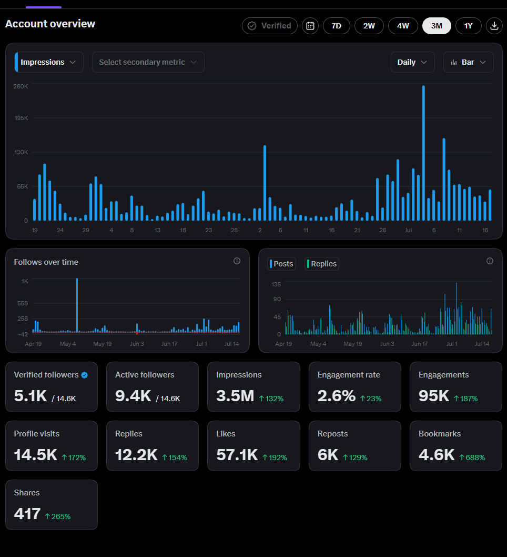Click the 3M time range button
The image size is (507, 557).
coord(437,26)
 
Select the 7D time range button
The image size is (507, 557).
coord(337,26)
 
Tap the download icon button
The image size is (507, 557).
coord(494,26)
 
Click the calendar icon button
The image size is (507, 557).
coord(310,26)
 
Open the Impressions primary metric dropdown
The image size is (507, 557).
coord(49,62)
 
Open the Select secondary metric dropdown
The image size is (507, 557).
coord(148,62)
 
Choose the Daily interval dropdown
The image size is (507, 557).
coord(413,62)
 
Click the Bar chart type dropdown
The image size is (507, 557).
coord(468,62)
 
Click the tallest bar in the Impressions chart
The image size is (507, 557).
coord(423,153)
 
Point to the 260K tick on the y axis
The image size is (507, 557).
coord(21,86)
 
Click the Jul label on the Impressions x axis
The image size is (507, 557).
coord(408,230)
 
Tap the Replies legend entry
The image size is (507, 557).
coord(322,264)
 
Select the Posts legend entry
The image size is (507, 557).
coord(282,264)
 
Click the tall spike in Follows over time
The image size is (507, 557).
coord(77,305)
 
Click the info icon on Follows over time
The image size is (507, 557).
coord(237,261)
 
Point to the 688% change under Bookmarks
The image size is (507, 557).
coord(472,457)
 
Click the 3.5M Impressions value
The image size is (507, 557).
coord(235,396)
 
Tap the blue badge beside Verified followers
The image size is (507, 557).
coord(85,375)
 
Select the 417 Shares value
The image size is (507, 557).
coord(27,514)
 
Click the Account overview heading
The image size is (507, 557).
coord(50,24)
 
